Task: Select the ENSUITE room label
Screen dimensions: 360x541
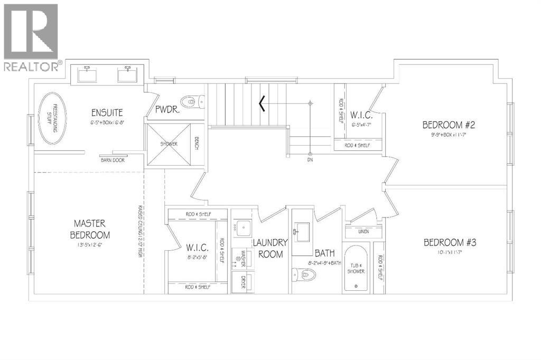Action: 107,112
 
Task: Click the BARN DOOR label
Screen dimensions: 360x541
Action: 112,160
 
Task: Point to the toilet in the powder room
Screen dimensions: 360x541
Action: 188,101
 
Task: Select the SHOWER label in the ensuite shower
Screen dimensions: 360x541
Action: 169,144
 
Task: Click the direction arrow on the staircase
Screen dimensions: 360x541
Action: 262,104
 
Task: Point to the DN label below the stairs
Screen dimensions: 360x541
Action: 310,159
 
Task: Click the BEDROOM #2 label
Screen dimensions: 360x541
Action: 449,125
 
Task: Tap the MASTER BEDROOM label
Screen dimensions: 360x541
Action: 92,229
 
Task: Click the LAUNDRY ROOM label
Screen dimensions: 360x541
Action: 269,248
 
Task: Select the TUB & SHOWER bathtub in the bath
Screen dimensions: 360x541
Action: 356,268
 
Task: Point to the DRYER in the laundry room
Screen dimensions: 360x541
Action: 244,279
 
